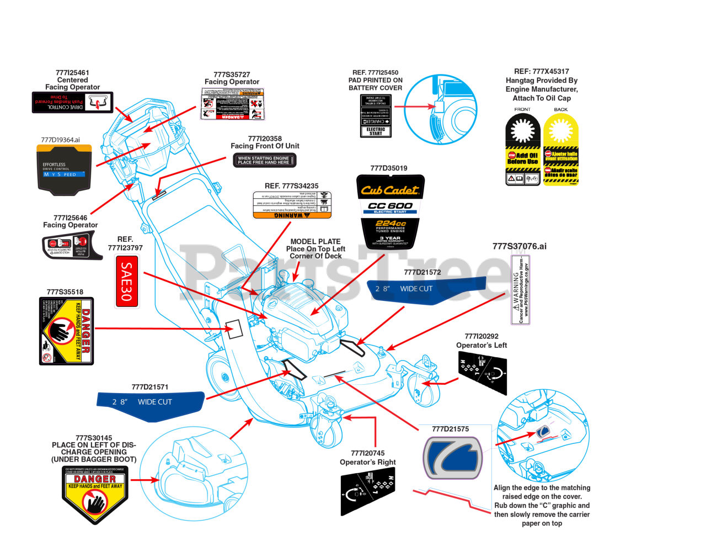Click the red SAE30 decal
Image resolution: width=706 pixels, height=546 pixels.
click(126, 281)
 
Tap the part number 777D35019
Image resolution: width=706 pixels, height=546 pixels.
click(389, 168)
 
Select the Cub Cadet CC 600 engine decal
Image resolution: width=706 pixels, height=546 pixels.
click(390, 211)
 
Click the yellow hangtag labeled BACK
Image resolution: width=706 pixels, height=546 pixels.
click(561, 149)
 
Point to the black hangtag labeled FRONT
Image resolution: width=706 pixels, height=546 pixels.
click(522, 149)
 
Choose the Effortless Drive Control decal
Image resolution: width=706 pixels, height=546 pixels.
click(63, 169)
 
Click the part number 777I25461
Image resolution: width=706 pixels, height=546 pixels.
click(72, 72)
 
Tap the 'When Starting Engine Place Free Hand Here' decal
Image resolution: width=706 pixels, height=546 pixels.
click(264, 160)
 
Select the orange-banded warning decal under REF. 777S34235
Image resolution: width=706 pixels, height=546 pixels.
click(292, 204)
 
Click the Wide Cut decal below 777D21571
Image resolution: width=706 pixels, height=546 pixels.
click(150, 404)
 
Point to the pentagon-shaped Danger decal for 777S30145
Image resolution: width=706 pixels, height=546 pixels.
click(95, 494)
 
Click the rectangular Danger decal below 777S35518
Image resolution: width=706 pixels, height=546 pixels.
click(67, 331)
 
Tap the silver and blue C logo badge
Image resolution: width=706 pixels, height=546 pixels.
click(453, 458)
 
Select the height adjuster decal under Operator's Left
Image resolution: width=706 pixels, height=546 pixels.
click(483, 373)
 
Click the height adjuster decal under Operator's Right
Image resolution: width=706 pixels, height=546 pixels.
click(368, 491)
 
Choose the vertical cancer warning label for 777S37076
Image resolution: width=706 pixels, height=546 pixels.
click(521, 290)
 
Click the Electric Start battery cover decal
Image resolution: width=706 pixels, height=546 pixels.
click(376, 116)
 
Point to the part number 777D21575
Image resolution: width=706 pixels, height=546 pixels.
click(451, 429)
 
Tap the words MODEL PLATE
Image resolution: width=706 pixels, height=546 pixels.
click(315, 241)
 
